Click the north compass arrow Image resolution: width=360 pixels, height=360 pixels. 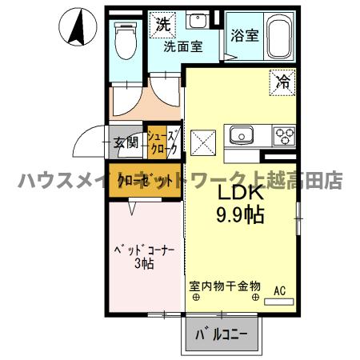[77, 26]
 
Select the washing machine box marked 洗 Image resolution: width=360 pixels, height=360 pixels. [163, 24]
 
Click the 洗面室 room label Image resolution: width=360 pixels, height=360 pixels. [182, 46]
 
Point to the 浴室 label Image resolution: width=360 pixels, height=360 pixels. [245, 36]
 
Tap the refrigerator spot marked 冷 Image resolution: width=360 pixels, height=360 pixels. [282, 80]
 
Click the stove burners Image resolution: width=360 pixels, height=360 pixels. [283, 134]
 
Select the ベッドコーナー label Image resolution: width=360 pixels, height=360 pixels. [143, 250]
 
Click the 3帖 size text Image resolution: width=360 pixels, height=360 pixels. [143, 265]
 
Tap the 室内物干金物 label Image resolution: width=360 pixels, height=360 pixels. [225, 285]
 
